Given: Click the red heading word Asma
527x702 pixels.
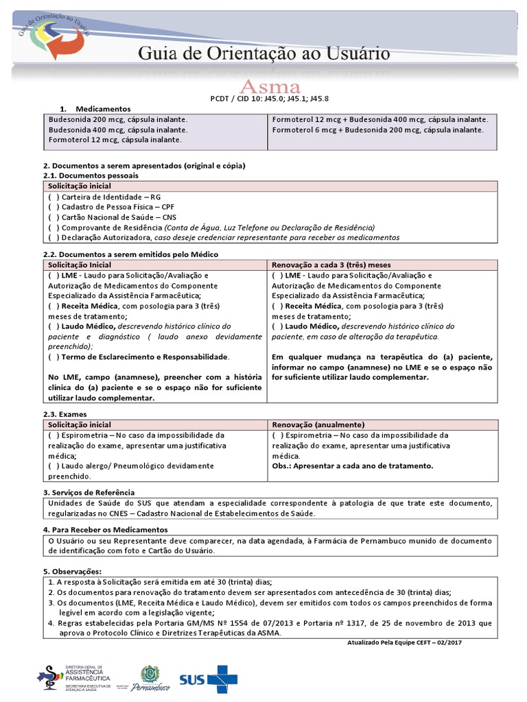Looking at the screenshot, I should point(269,88).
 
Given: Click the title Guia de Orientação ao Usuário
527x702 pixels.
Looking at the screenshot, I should point(264,53).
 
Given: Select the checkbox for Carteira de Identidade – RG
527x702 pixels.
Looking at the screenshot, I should point(53,196).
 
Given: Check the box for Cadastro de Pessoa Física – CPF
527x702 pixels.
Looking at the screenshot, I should point(53,206).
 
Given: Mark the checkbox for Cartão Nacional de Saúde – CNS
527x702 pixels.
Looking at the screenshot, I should point(53,217).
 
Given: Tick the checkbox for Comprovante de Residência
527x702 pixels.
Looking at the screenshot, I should point(53,227).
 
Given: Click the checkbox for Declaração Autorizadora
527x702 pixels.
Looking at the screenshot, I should point(53,237).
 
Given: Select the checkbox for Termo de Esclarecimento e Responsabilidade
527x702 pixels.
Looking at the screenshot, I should point(53,357).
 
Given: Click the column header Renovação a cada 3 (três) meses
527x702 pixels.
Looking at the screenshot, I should point(331,265).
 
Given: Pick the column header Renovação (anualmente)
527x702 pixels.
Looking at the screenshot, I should point(318,424).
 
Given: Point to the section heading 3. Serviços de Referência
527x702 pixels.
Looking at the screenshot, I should point(89,492).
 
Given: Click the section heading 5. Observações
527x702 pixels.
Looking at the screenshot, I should point(72,572).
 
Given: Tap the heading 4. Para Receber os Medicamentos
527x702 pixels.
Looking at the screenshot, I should point(105,530).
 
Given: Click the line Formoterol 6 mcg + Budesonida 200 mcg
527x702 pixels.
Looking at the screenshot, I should point(377,129).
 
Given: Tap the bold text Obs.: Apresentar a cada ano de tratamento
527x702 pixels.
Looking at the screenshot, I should point(352,465).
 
